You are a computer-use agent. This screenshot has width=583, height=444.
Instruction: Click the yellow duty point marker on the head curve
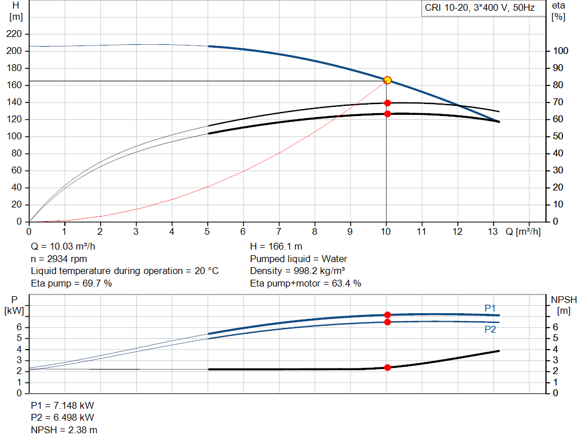[x=387, y=80]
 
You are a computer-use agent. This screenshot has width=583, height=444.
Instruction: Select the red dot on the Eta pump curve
[x=387, y=103]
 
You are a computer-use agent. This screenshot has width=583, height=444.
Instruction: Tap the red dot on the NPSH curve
[x=387, y=367]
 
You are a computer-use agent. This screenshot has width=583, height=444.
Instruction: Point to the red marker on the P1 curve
[x=387, y=315]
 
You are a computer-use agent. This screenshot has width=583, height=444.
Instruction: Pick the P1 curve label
[x=490, y=308]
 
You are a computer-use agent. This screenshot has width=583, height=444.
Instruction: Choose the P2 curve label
[x=490, y=329]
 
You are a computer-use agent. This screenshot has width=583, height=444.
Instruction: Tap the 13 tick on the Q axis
[x=493, y=231]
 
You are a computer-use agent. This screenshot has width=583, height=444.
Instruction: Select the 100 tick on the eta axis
[x=560, y=51]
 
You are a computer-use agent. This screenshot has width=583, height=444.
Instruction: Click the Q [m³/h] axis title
[x=523, y=231]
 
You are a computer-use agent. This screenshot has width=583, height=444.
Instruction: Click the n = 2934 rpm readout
[x=59, y=259]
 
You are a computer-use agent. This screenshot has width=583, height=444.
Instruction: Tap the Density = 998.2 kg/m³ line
[x=298, y=271]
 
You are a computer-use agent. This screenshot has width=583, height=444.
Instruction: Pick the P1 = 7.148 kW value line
[x=63, y=406]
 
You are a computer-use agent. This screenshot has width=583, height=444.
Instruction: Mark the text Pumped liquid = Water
[x=298, y=259]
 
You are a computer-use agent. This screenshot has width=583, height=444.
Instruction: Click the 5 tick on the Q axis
[x=208, y=231]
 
